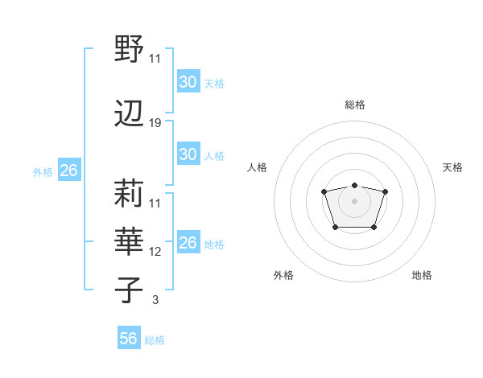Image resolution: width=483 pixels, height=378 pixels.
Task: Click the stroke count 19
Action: coord(155,123)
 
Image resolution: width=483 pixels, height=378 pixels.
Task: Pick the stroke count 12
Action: coord(155,252)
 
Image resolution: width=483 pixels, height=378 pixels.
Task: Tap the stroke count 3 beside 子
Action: coord(155,300)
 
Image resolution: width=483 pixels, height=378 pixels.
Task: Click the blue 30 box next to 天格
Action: coord(188,82)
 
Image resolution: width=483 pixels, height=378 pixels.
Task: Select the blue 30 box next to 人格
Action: coord(188,154)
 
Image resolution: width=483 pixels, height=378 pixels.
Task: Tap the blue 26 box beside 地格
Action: coord(188,243)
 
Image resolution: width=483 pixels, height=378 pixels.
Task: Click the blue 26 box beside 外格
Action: coord(68,171)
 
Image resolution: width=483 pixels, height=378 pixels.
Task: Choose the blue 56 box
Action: coord(128,339)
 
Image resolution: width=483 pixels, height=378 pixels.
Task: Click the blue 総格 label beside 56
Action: coord(155,340)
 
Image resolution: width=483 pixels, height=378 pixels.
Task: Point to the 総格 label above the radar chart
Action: coord(354,105)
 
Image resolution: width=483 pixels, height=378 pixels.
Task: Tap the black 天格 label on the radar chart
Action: coord(452,167)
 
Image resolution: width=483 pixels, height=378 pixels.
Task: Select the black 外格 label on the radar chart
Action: coord(283,275)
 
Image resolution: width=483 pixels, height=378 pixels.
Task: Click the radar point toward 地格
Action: coord(374,228)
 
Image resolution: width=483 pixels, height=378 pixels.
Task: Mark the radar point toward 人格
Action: coord(324,191)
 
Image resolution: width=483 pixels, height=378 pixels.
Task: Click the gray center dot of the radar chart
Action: coord(354,200)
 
